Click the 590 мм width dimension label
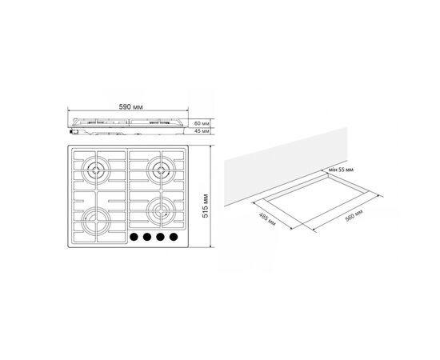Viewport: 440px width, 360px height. click(x=130, y=107)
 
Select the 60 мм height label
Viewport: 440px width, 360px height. click(x=202, y=123)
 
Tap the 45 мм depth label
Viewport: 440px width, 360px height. click(x=202, y=131)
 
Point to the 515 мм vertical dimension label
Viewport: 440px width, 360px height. click(x=206, y=206)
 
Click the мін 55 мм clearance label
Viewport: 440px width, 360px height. click(x=341, y=170)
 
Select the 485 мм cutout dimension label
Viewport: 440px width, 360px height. click(x=267, y=219)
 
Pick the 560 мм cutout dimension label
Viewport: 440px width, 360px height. click(x=354, y=215)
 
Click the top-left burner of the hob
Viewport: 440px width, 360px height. click(x=96, y=170)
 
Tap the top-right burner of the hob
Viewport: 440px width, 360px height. click(x=161, y=170)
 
